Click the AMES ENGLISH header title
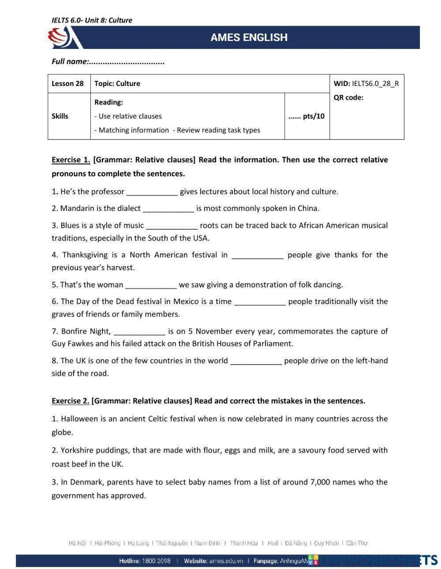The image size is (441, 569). (249, 37)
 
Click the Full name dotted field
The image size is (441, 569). (127, 62)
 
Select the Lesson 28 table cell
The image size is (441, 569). (68, 84)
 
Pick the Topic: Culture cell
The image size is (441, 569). (117, 84)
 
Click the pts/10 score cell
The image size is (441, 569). (306, 116)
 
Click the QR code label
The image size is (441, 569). (348, 97)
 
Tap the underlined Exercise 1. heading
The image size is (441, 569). (71, 160)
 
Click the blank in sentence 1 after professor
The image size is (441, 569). (152, 192)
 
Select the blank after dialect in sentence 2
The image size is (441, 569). (168, 209)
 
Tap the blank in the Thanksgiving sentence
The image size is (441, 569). (258, 255)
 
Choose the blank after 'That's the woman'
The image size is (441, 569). (151, 285)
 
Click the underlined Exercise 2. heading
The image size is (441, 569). (71, 401)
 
